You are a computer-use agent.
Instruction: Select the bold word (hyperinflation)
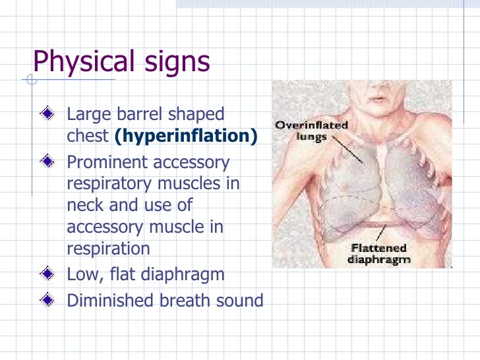(185, 136)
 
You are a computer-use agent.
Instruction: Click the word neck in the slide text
(85, 205)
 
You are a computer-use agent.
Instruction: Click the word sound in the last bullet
(240, 301)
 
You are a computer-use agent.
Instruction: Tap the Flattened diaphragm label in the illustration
(379, 253)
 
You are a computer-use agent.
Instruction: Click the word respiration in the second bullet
(108, 249)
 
